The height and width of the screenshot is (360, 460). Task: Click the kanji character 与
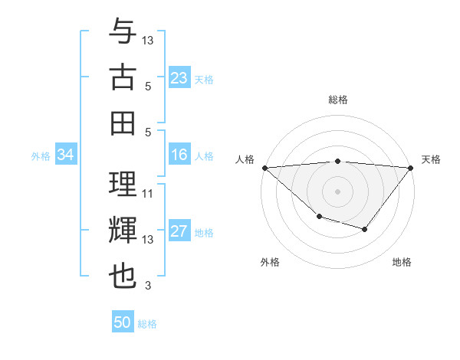tap(123, 32)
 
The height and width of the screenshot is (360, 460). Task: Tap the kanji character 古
tap(123, 78)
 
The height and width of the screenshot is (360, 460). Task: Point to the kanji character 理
tap(123, 185)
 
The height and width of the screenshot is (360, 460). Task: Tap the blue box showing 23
tap(179, 77)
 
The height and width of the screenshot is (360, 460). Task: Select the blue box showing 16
tap(179, 155)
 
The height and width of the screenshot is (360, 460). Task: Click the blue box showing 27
tap(179, 231)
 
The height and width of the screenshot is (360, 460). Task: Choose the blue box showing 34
tap(65, 155)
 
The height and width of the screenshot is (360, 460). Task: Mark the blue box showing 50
tap(123, 322)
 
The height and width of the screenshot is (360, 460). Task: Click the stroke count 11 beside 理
tap(148, 194)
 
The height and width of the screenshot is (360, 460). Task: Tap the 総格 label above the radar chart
tap(337, 100)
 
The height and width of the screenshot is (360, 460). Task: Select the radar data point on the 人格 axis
tap(264, 167)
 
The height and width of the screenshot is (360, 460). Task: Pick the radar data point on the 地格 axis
tap(365, 229)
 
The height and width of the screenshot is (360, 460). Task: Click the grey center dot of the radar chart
tap(337, 191)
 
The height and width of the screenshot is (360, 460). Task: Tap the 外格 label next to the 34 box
tap(41, 156)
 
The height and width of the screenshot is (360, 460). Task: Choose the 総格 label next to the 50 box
tap(147, 324)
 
